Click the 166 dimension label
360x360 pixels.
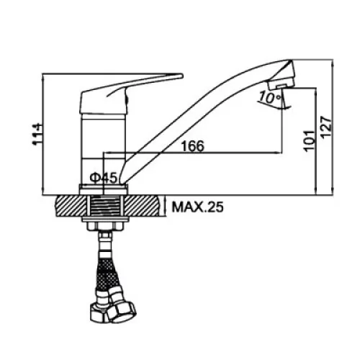[x=193, y=146]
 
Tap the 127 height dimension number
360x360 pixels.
[x=326, y=127]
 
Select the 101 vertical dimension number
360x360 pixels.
[x=309, y=141]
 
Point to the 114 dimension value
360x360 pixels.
[x=37, y=135]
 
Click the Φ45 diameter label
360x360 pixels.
[x=104, y=178]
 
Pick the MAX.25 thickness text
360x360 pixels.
[x=197, y=207]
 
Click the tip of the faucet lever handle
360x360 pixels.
[x=182, y=76]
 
